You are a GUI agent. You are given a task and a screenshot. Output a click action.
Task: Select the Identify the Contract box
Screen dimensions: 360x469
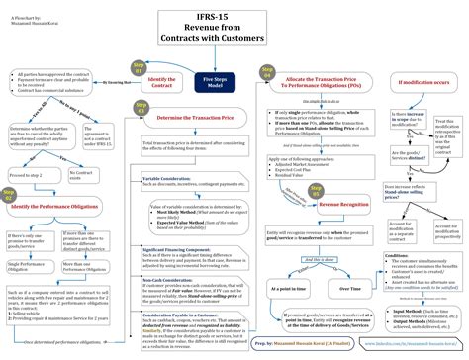[163, 83]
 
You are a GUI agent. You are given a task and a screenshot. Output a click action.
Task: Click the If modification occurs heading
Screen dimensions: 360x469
[422, 82]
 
